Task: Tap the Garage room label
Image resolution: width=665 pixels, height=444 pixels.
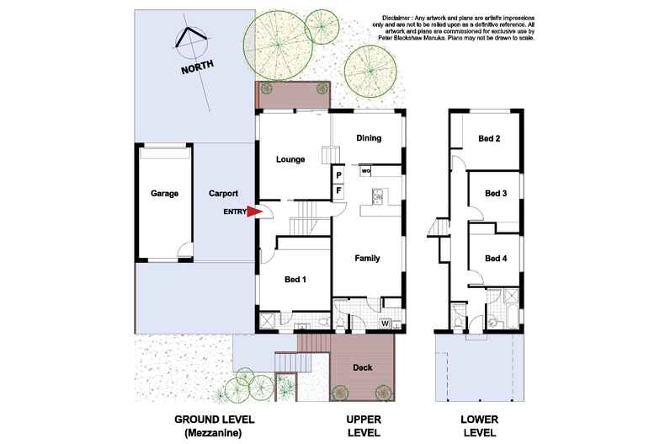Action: pos(164,193)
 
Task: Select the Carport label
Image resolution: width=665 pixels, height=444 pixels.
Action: pos(223,193)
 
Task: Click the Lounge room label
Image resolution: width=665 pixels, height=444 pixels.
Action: pos(290,158)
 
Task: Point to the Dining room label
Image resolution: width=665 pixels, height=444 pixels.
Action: pos(369,138)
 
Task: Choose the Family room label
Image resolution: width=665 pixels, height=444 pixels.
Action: pos(367,259)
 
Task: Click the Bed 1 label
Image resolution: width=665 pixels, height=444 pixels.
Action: pos(294,278)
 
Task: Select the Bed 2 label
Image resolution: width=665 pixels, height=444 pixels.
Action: pos(490,138)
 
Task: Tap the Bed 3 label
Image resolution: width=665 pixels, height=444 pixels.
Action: pos(496,193)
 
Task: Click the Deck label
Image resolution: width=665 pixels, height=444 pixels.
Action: pos(364,367)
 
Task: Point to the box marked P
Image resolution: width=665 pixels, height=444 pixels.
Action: pos(338,175)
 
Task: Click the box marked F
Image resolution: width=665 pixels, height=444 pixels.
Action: pos(338,190)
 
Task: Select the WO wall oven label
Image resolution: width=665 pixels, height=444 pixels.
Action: pos(366,171)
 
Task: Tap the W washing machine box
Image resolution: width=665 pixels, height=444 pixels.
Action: pos(385,323)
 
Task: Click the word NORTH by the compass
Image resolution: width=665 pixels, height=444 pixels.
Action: pos(197,65)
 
